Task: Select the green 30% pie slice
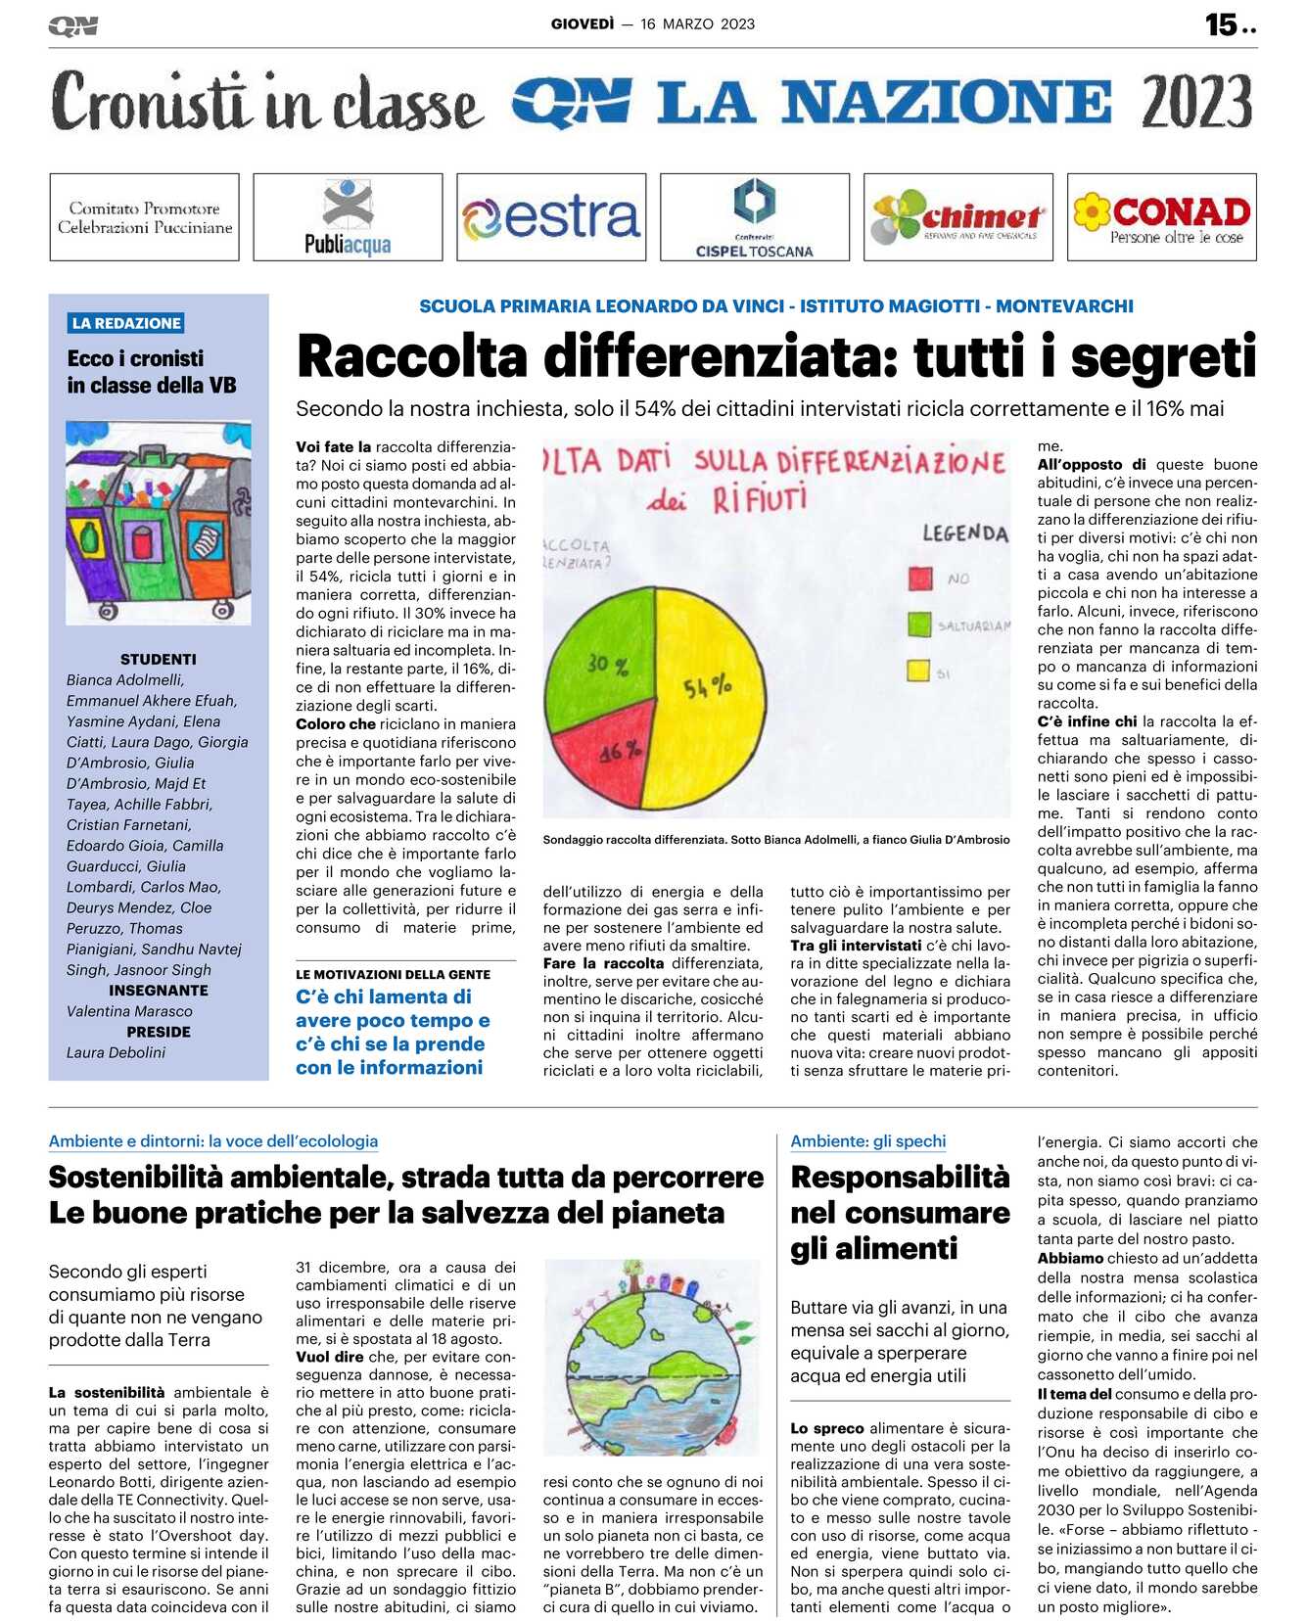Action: (602, 656)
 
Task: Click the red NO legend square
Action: (920, 579)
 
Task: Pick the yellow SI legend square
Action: (918, 672)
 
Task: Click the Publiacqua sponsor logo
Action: (348, 217)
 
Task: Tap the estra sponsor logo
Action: (551, 217)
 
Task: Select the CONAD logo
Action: (1162, 217)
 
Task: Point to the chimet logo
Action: (958, 217)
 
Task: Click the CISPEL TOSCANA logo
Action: (755, 217)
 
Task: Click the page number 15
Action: (1221, 24)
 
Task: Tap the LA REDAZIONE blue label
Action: (126, 323)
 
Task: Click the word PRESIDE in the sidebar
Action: (158, 1032)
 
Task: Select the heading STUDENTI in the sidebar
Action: (158, 659)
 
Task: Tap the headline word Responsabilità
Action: (900, 1177)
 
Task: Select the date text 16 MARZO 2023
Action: (697, 24)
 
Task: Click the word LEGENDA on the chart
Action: (964, 533)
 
